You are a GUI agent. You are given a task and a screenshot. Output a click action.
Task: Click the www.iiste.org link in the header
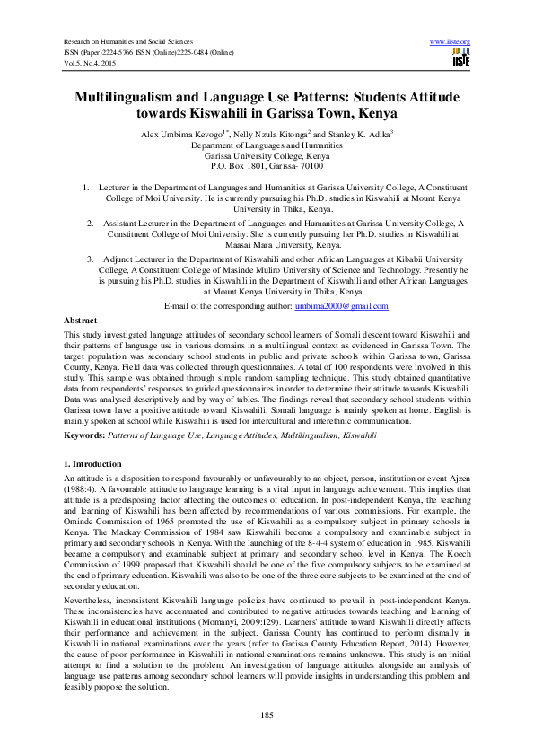click(x=451, y=42)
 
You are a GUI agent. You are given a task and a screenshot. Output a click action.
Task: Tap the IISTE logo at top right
click(x=461, y=58)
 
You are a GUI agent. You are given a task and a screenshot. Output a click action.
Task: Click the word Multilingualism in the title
click(x=137, y=96)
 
